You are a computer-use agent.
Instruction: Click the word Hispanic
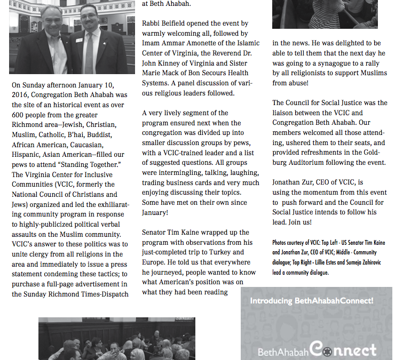[x=27, y=154]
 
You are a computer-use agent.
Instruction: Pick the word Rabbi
[x=152, y=23]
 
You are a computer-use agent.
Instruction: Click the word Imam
[x=152, y=43]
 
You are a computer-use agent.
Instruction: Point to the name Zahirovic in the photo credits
[x=367, y=262]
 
